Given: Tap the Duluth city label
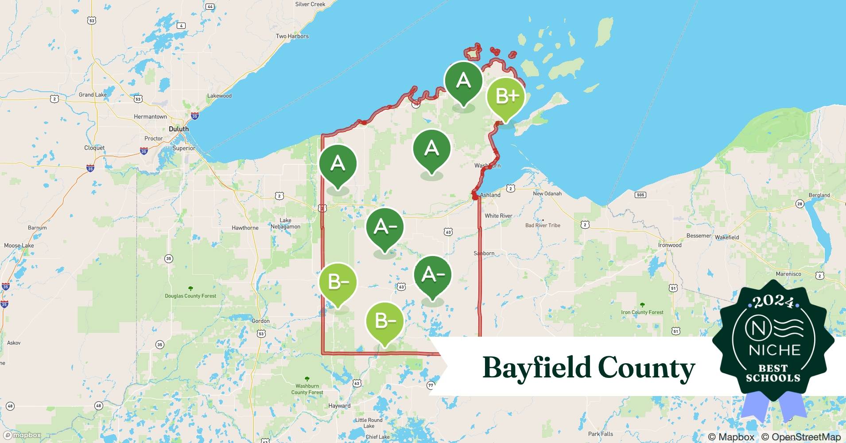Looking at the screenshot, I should pyautogui.click(x=179, y=129).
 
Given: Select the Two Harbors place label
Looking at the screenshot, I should pyautogui.click(x=292, y=36).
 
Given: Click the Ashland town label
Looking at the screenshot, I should pyautogui.click(x=490, y=195).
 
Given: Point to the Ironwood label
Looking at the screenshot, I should pyautogui.click(x=670, y=245).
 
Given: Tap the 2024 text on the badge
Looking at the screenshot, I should pyautogui.click(x=773, y=302).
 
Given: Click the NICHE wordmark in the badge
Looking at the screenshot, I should pyautogui.click(x=775, y=350).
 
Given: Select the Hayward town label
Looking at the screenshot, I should pyautogui.click(x=339, y=406).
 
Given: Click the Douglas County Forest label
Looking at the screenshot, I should pyautogui.click(x=190, y=296).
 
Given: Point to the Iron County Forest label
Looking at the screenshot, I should pyautogui.click(x=642, y=312).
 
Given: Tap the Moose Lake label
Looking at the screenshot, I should pyautogui.click(x=19, y=245).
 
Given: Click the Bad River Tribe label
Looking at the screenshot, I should pyautogui.click(x=543, y=225).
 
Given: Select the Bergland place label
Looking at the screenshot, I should pyautogui.click(x=819, y=195).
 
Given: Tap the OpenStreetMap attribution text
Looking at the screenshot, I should pyautogui.click(x=801, y=437).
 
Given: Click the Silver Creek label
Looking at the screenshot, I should pyautogui.click(x=310, y=4).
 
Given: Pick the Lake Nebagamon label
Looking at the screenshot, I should pyautogui.click(x=285, y=223).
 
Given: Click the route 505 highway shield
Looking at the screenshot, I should pyautogui.click(x=640, y=195).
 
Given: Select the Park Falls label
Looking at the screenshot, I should pyautogui.click(x=601, y=434).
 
